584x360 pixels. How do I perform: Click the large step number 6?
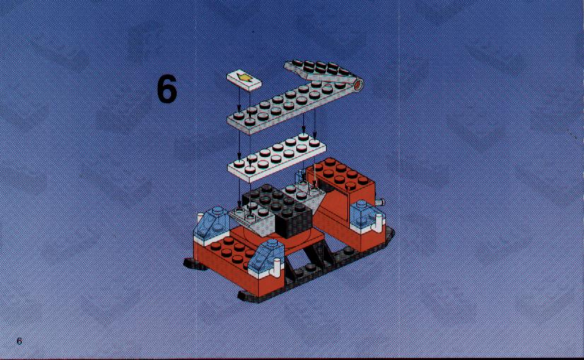pos(167,88)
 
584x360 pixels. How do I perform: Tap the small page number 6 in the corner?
pos(19,341)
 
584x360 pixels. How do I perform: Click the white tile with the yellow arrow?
pos(244,80)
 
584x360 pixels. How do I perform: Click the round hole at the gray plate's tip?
pos(358,85)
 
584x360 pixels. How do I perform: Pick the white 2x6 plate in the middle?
pos(276,157)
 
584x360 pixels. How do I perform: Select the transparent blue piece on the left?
pos(211,224)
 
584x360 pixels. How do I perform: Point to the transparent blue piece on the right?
pos(364,216)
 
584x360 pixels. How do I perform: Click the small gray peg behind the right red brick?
pos(380,202)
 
